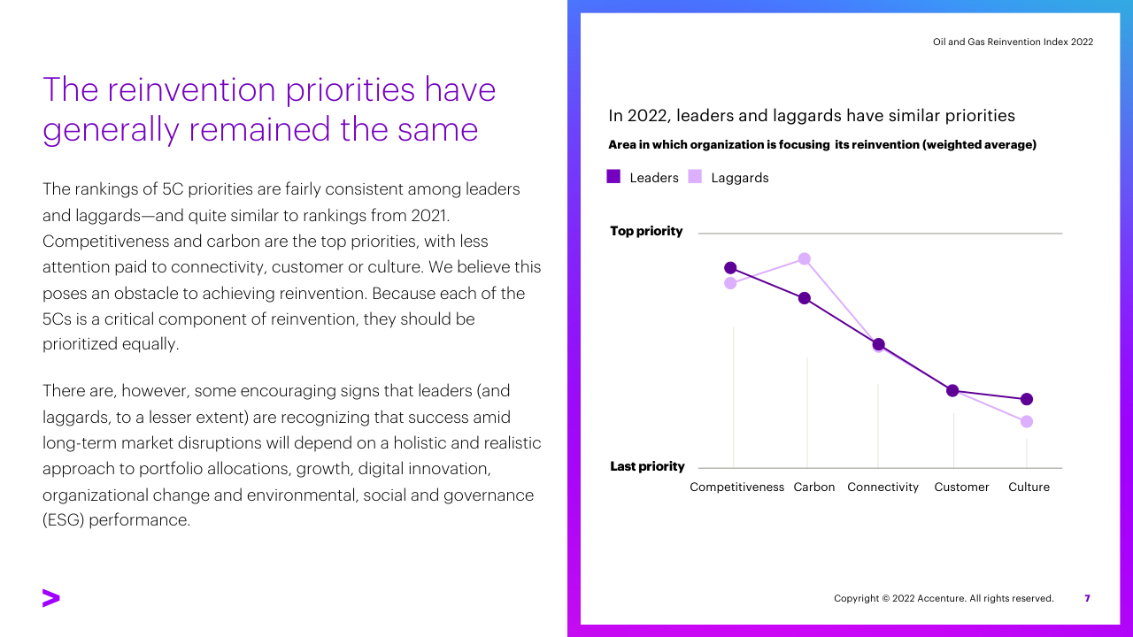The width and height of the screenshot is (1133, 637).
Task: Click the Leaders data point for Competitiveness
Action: (730, 268)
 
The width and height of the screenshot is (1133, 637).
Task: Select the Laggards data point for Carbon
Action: (805, 258)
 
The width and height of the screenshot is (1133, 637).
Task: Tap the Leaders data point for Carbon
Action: (805, 298)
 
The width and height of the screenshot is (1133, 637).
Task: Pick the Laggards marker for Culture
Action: (1027, 421)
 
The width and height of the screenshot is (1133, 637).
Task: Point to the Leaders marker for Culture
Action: (1027, 399)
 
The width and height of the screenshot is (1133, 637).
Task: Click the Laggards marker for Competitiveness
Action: (730, 283)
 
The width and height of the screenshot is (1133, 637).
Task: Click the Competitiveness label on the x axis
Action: (736, 487)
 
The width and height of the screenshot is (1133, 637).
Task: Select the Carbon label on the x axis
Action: (814, 487)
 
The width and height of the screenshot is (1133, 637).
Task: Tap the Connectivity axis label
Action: (883, 487)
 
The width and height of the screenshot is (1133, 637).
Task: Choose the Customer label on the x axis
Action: (961, 487)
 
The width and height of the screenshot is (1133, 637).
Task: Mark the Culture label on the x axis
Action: (1029, 487)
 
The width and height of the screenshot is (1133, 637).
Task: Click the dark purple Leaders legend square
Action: (613, 177)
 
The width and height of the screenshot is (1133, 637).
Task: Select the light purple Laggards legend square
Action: (695, 177)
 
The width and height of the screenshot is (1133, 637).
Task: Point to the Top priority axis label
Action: (646, 231)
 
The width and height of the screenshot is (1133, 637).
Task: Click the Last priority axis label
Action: (647, 466)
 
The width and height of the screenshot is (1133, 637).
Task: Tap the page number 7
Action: (1087, 598)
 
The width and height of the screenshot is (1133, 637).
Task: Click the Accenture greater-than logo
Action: (51, 598)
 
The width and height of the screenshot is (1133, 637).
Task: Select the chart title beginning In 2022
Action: (812, 116)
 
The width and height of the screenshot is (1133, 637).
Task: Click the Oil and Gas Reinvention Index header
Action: (1013, 42)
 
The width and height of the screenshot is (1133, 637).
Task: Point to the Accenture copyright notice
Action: (944, 598)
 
